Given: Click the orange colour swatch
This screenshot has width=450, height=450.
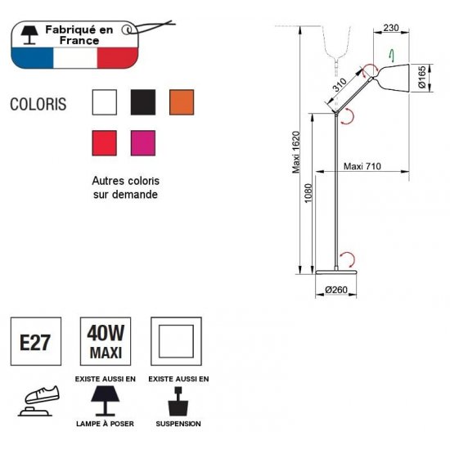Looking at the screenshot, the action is click(x=182, y=102).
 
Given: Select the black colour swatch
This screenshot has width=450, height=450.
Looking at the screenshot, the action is click(x=143, y=102).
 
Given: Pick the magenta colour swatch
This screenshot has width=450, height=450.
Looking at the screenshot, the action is click(x=143, y=143).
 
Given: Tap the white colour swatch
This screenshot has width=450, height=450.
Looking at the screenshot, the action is click(x=105, y=102).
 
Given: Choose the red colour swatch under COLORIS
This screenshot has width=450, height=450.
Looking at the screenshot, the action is click(x=105, y=143).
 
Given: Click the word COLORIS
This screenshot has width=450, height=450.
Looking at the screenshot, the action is click(x=38, y=104).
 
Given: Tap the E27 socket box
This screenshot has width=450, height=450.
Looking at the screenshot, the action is click(x=36, y=341).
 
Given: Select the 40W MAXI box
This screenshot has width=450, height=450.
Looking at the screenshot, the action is click(x=106, y=341).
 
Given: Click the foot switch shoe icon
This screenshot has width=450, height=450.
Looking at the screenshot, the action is click(x=39, y=401).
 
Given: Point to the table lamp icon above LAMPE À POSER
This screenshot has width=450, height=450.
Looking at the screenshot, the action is click(x=106, y=401).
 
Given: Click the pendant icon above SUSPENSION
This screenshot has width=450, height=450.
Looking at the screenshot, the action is click(x=178, y=401).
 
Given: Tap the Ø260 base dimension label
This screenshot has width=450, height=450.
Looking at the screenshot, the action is click(x=336, y=290).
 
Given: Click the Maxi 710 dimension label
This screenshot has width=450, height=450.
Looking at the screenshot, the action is click(x=362, y=166).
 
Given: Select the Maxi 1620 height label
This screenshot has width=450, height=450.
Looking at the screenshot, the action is click(x=296, y=152).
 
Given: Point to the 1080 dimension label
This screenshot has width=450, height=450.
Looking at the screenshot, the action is click(x=308, y=193).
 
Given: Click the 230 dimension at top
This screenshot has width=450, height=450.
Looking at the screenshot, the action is click(x=391, y=28).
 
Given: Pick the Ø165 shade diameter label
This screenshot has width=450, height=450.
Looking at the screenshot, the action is click(x=422, y=78).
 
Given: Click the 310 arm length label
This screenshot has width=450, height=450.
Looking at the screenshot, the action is click(x=340, y=85).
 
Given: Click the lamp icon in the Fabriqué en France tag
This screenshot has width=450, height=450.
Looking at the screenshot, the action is click(x=29, y=35).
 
